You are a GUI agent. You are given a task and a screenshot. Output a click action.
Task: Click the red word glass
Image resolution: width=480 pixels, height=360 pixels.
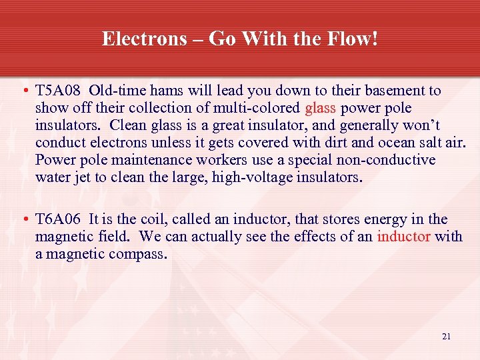321,108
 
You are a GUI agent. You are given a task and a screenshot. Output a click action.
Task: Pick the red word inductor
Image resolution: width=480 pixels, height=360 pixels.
403,237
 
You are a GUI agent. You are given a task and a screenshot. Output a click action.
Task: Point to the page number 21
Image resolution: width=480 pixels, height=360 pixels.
446,337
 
